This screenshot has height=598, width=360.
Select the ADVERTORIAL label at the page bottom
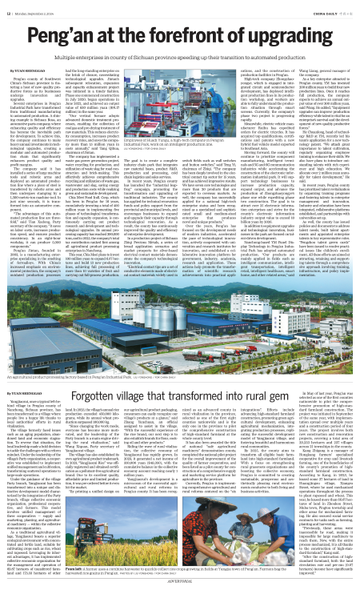(180, 592)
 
